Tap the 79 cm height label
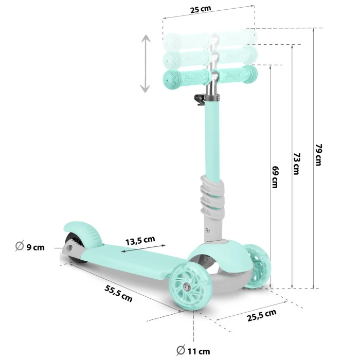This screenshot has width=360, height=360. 318,155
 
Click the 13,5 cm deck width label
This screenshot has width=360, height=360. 140,240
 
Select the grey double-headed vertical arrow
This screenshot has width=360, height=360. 146,64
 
